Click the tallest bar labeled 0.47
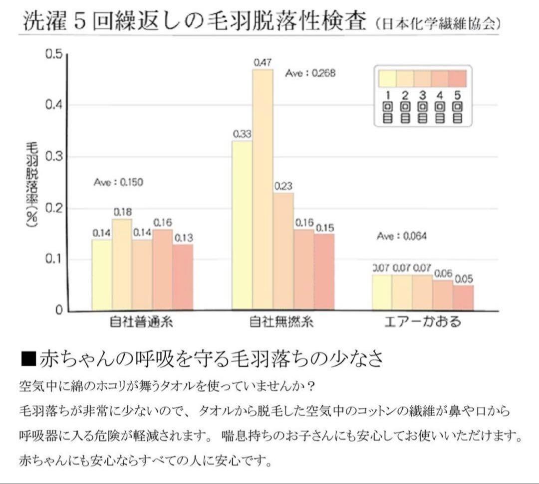pyautogui.click(x=263, y=189)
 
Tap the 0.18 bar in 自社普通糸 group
pyautogui.click(x=122, y=264)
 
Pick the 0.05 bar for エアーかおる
pyautogui.click(x=463, y=298)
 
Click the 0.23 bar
pyautogui.click(x=283, y=251)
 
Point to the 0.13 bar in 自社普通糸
pyautogui.click(x=183, y=277)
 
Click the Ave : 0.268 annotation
pyautogui.click(x=310, y=73)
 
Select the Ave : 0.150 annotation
pyautogui.click(x=118, y=182)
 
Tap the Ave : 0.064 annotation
pyautogui.click(x=402, y=236)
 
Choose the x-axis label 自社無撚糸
pyautogui.click(x=282, y=323)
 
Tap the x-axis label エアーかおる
pyautogui.click(x=423, y=323)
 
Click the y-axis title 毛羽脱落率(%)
pyautogui.click(x=32, y=184)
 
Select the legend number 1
pyautogui.click(x=388, y=95)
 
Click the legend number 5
pyautogui.click(x=457, y=95)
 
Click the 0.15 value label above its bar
pyautogui.click(x=324, y=228)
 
